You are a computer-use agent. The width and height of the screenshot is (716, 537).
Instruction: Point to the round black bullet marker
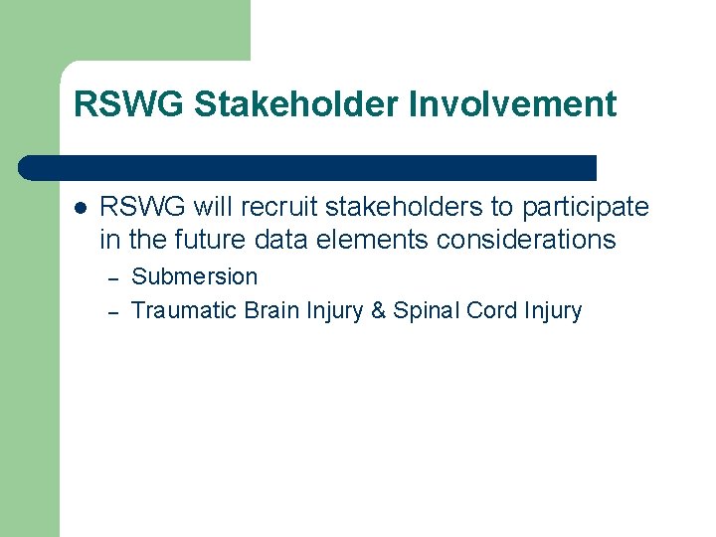(81, 208)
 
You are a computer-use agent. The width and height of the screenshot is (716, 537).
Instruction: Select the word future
(203, 240)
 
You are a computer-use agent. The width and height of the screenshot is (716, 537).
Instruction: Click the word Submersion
(194, 276)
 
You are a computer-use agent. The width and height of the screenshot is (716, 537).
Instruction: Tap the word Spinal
(426, 310)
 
